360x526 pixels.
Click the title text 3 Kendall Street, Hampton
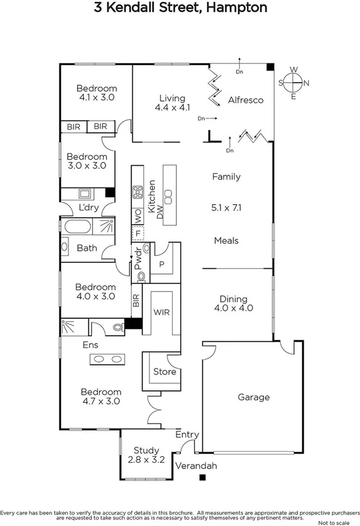click(x=180, y=8)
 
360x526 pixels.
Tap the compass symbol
click(x=293, y=83)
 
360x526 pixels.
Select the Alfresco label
click(x=246, y=100)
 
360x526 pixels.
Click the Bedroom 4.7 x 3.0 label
click(x=100, y=397)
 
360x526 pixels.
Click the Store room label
click(x=164, y=372)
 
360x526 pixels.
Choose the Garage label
click(x=253, y=397)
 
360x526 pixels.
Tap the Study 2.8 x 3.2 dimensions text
click(x=146, y=459)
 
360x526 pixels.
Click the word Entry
click(x=188, y=434)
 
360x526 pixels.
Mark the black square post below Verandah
click(x=203, y=477)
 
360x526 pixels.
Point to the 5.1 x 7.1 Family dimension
click(x=226, y=207)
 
